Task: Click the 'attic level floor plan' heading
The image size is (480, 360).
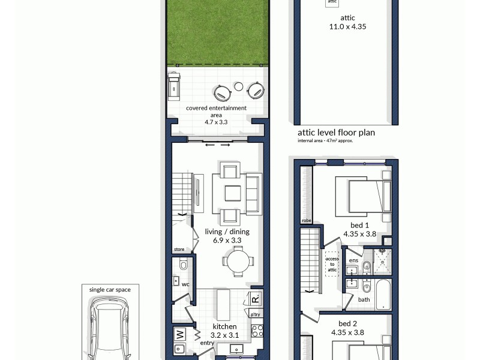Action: [336, 133]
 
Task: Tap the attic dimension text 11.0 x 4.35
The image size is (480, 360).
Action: [348, 26]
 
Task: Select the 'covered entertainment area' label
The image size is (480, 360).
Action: [216, 111]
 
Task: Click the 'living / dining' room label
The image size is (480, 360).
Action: [227, 232]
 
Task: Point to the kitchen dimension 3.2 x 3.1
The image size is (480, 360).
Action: [225, 335]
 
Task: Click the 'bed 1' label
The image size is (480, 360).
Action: [359, 227]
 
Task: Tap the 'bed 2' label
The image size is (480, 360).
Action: [347, 323]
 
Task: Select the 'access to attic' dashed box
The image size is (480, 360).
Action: [332, 265]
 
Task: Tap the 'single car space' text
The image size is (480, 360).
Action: [110, 289]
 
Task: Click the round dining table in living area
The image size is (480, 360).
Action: [235, 261]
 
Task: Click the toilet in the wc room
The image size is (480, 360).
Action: [184, 264]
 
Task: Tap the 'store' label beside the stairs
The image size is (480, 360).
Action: [179, 249]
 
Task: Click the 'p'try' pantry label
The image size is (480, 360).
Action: [256, 314]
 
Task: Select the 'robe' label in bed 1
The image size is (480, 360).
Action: [307, 220]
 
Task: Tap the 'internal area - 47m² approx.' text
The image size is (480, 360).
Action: [325, 141]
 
